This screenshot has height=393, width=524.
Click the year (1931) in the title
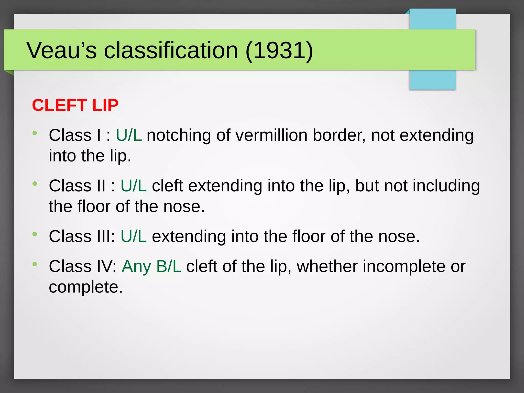click(279, 50)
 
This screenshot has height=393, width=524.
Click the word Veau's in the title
click(62, 50)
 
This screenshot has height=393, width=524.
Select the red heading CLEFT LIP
click(75, 105)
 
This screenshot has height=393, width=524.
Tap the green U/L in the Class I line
click(129, 135)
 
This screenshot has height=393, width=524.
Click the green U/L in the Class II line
click(134, 186)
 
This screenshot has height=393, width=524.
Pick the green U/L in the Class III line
click(134, 236)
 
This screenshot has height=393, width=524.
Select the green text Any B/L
click(151, 266)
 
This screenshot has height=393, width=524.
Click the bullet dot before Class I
click(35, 133)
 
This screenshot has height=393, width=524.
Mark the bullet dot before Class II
click(35, 183)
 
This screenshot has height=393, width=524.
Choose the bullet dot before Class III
click(35, 234)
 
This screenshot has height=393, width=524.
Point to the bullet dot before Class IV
click(35, 264)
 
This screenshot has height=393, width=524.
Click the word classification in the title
click(171, 50)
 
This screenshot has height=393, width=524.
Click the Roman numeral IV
click(105, 266)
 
